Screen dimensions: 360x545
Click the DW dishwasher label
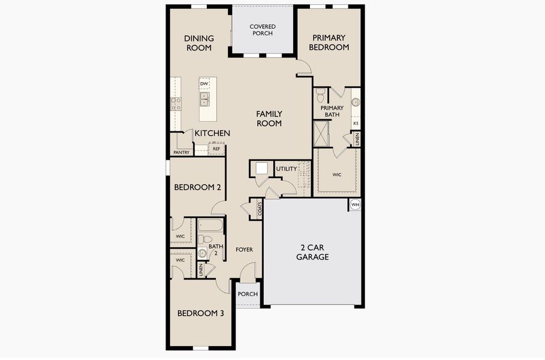tap(204, 83)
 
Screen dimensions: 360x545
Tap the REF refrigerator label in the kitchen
tap(216, 148)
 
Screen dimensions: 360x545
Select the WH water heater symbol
tap(355, 205)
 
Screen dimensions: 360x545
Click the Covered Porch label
tap(262, 30)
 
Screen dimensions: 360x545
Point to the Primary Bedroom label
tap(329, 43)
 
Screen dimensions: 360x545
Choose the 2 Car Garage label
tap(312, 252)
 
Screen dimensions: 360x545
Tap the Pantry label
tap(182, 152)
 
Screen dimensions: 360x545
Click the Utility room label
tap(286, 169)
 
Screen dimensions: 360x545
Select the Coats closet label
tap(260, 208)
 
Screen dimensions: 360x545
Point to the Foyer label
tap(244, 250)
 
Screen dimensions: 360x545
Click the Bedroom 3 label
tap(201, 313)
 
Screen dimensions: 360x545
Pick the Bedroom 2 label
tap(198, 187)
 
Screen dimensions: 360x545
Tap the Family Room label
tap(269, 118)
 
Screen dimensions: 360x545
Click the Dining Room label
tap(198, 43)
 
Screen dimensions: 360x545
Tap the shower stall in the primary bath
tap(323, 133)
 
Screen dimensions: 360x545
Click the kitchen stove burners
tap(176, 104)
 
